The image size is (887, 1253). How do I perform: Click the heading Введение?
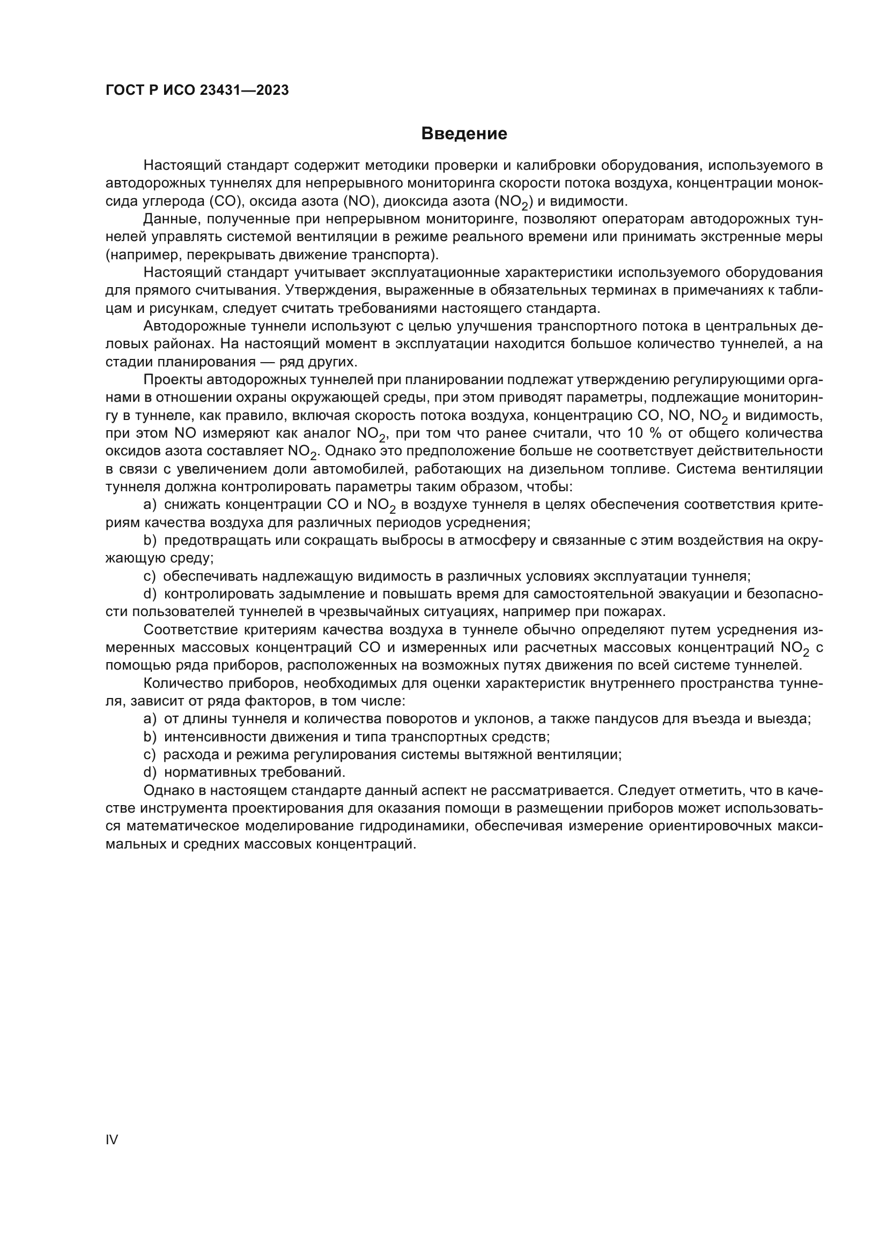[464, 134]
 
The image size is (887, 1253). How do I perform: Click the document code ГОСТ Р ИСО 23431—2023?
[197, 91]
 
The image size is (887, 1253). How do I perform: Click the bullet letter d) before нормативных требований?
[150, 772]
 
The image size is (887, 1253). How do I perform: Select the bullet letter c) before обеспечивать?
[150, 576]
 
